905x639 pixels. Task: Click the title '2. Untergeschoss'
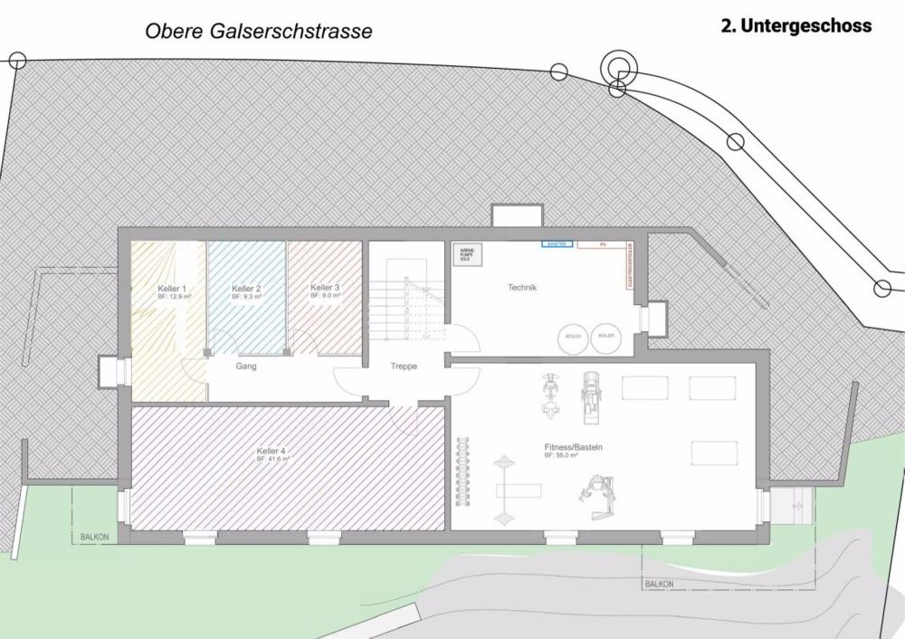[x=795, y=26]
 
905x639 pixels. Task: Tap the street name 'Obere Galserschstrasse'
[x=259, y=32]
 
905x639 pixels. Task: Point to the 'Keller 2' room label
[x=246, y=288]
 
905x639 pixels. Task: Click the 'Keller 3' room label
[x=325, y=288]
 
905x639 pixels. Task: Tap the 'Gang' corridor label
[x=245, y=367]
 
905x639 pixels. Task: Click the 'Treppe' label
[x=404, y=367]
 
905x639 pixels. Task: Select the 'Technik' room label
[x=522, y=288]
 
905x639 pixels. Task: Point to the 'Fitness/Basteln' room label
[x=574, y=448]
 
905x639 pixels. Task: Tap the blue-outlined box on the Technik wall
[x=557, y=243]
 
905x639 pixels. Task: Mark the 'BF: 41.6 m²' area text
[x=272, y=459]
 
